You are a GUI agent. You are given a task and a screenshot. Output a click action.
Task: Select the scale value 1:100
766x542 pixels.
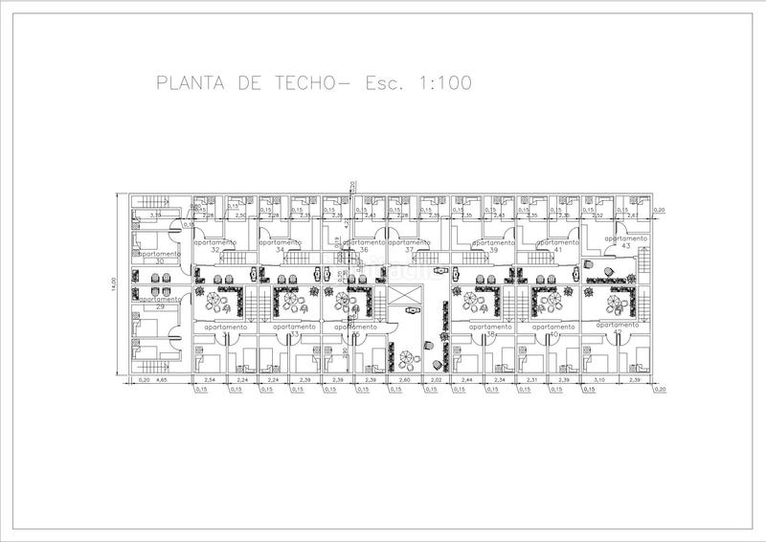click(443, 83)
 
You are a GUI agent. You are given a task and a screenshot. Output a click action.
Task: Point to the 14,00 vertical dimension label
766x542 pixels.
click(112, 284)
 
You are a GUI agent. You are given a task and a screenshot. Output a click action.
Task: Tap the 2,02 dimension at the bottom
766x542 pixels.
click(438, 381)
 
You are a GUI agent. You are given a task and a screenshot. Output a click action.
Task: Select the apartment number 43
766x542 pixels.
click(626, 246)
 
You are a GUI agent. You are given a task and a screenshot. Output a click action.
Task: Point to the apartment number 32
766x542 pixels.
click(214, 250)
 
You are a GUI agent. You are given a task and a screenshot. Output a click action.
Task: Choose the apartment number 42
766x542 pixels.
click(618, 334)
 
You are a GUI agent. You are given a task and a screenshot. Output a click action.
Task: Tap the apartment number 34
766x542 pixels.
click(281, 250)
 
